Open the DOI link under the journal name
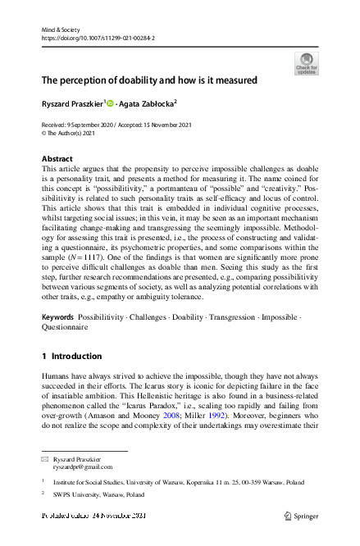[98, 38]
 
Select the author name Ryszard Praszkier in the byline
[71, 104]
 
